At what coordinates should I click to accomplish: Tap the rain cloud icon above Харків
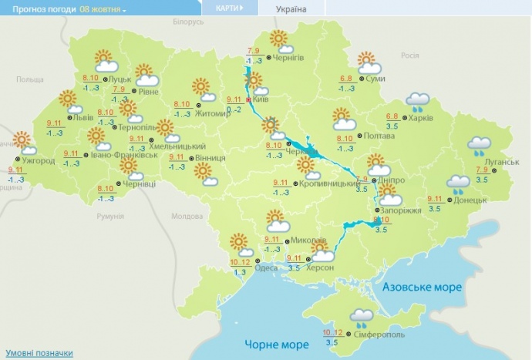point(418,101)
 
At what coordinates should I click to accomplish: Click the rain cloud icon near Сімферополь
point(362,316)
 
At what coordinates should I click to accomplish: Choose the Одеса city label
point(267,267)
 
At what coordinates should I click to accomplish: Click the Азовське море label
point(422,287)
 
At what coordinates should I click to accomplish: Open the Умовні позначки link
point(37,353)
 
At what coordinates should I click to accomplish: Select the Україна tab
point(290,9)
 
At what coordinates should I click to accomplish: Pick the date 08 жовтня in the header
point(103,8)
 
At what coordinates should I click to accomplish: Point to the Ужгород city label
point(39,161)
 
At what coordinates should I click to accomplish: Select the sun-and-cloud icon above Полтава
point(344,119)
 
